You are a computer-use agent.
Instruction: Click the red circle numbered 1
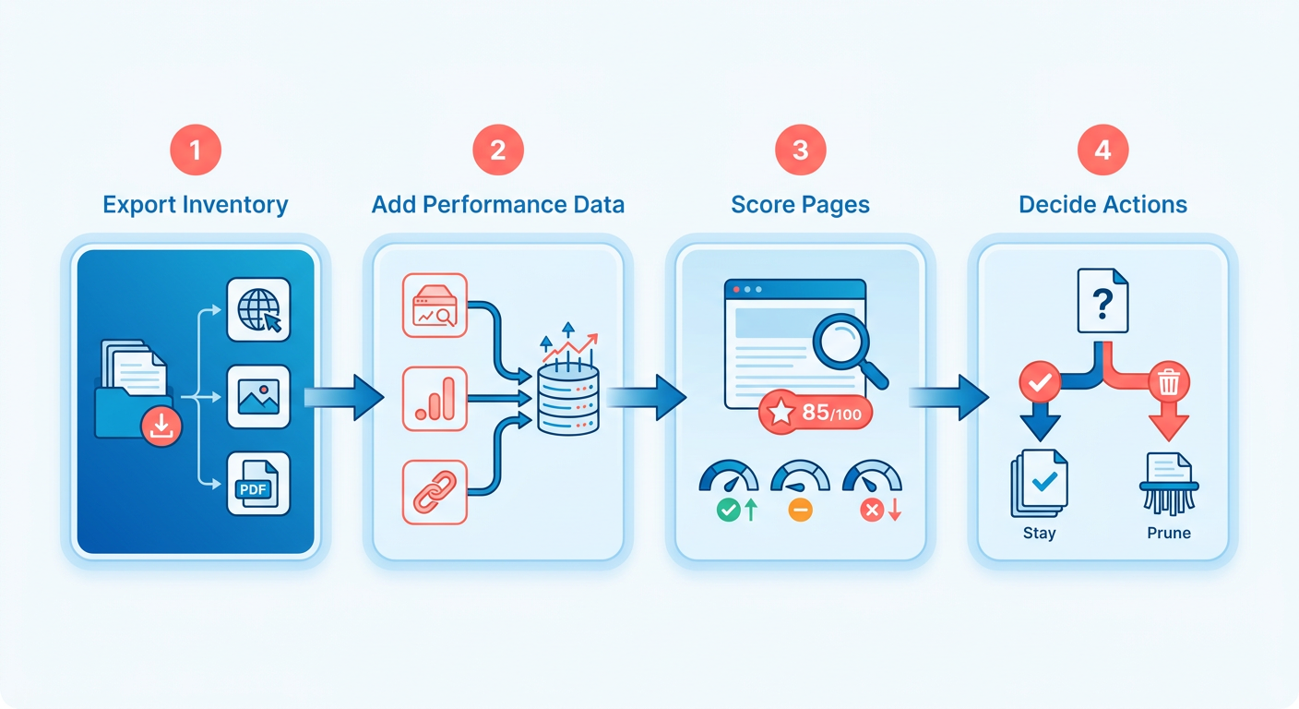click(x=196, y=150)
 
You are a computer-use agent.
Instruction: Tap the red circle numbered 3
click(x=800, y=150)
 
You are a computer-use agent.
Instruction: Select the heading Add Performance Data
click(x=498, y=205)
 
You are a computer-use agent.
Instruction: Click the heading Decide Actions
click(x=1103, y=205)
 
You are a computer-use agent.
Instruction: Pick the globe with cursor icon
click(x=258, y=310)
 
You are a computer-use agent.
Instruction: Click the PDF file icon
click(x=258, y=484)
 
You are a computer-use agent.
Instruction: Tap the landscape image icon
click(x=258, y=397)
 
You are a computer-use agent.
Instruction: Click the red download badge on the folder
click(x=161, y=427)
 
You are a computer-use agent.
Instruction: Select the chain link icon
click(x=435, y=492)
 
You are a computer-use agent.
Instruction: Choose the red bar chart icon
click(x=435, y=399)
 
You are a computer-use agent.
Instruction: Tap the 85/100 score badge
click(x=816, y=413)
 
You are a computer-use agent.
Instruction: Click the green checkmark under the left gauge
click(x=728, y=510)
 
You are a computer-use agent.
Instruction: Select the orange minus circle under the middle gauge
click(x=800, y=510)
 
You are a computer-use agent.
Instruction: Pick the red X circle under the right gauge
click(x=872, y=510)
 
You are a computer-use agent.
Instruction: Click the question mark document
click(x=1102, y=301)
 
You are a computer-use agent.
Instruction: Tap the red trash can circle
click(x=1169, y=383)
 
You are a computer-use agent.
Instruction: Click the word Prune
click(x=1169, y=533)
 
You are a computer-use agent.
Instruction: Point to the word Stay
click(x=1039, y=534)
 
